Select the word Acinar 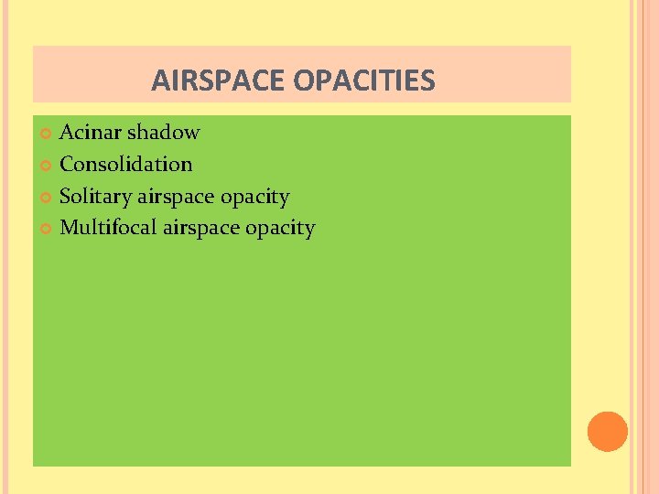pyautogui.click(x=91, y=133)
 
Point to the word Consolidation pyautogui.click(x=125, y=165)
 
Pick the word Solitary pyautogui.click(x=95, y=197)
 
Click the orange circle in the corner pyautogui.click(x=608, y=431)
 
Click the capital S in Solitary pyautogui.click(x=65, y=197)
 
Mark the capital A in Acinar pyautogui.click(x=67, y=133)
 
